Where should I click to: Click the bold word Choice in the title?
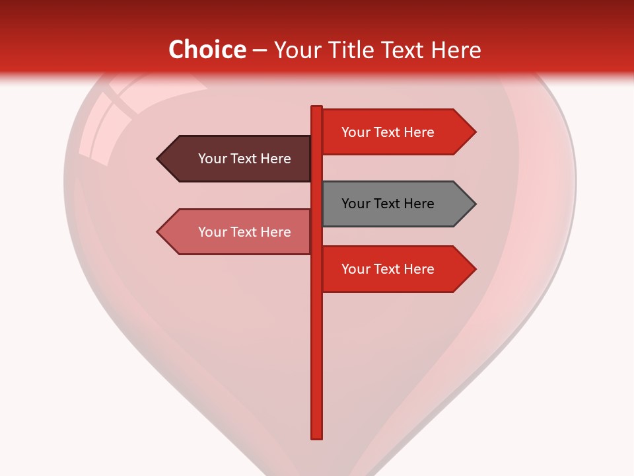(x=207, y=50)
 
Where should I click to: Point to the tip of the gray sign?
(x=474, y=204)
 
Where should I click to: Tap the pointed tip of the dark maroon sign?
(x=158, y=159)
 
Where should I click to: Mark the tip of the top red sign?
(x=474, y=132)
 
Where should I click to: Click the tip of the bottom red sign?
(x=474, y=269)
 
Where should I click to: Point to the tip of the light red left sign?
(x=158, y=232)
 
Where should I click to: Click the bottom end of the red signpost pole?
(x=317, y=436)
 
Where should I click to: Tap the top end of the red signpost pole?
(x=317, y=108)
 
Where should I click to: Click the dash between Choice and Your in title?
(x=260, y=50)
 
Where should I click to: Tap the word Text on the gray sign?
(x=388, y=204)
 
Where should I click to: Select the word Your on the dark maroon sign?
(x=212, y=159)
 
